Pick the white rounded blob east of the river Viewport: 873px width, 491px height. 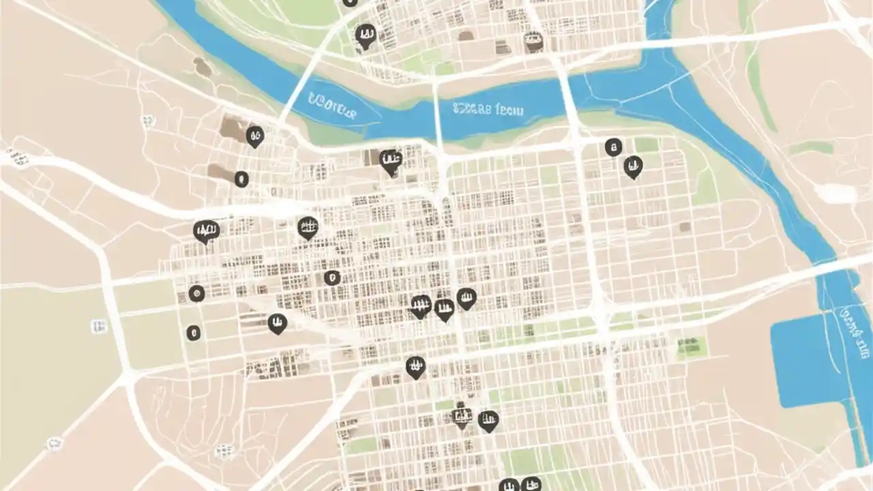(835, 194)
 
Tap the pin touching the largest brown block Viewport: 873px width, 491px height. (255, 136)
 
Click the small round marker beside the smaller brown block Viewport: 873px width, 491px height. (241, 179)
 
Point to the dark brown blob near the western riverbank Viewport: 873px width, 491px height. (202, 66)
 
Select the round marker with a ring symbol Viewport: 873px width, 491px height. (196, 294)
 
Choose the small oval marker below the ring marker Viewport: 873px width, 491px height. (194, 333)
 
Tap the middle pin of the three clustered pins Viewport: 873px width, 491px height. (444, 310)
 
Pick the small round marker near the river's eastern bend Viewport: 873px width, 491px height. (613, 147)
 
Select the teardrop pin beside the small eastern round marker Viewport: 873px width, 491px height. (633, 166)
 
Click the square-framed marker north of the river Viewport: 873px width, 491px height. (534, 42)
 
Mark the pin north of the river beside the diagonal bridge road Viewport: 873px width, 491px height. (366, 35)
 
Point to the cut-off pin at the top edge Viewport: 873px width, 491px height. (349, 2)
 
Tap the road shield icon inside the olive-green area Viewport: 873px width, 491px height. (98, 327)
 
